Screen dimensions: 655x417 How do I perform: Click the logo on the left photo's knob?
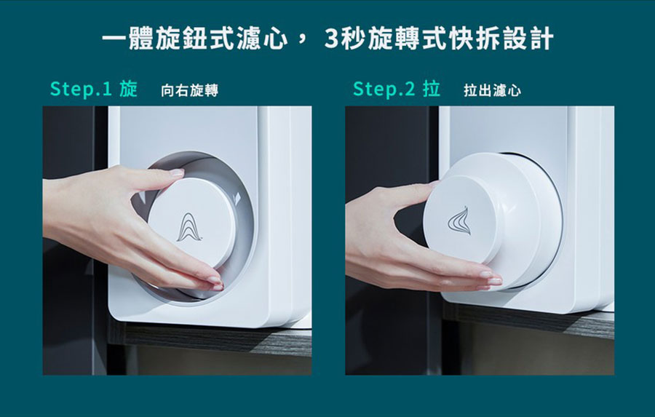pos(188,228)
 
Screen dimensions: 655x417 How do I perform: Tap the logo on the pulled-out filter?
pos(459,221)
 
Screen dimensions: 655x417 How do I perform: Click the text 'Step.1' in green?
pos(81,89)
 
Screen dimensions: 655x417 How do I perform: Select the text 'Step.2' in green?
pos(384,89)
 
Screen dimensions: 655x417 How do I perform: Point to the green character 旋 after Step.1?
pos(128,89)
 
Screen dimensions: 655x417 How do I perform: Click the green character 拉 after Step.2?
pos(432,89)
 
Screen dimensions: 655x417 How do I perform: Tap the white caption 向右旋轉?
pos(190,90)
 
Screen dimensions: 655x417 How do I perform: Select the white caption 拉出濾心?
pos(493,90)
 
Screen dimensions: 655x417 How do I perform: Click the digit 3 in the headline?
pos(330,39)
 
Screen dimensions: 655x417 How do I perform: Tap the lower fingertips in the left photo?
pos(215,283)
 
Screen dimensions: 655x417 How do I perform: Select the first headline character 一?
pos(114,39)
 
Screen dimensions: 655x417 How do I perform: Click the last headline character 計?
pos(541,39)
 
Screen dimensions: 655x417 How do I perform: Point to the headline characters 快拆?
pos(474,39)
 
